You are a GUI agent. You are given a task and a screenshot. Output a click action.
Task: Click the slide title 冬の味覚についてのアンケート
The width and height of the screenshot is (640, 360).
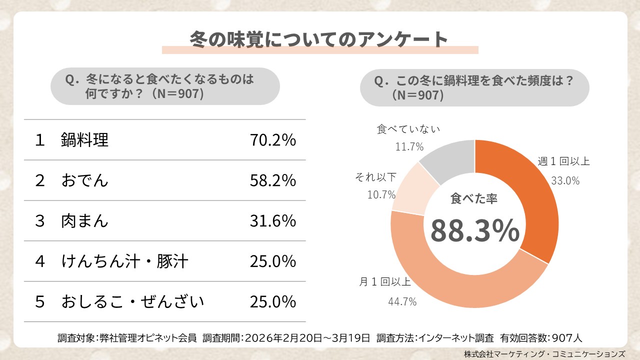[319, 39]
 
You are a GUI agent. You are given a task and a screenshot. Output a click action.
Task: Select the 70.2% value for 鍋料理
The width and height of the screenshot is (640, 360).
[272, 140]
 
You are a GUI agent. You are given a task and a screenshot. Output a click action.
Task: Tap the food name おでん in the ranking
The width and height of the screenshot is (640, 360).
[84, 180]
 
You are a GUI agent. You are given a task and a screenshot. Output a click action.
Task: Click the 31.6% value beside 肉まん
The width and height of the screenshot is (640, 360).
[272, 221]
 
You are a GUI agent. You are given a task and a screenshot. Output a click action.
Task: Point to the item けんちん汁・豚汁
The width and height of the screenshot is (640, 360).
[124, 261]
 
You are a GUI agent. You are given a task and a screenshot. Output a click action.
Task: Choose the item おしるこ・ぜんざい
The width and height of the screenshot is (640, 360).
[132, 302]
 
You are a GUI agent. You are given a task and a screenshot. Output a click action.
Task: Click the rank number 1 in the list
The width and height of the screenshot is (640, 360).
[40, 140]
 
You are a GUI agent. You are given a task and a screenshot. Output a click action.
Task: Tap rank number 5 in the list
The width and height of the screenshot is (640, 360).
[40, 302]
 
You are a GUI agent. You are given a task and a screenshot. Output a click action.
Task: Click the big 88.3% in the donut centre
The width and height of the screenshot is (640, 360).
[474, 230]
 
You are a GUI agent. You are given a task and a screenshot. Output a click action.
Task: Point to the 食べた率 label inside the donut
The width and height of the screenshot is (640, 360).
[474, 199]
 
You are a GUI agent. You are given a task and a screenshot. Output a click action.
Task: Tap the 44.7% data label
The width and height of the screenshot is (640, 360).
[402, 301]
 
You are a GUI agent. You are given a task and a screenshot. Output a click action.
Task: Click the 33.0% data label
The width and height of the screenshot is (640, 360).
[565, 181]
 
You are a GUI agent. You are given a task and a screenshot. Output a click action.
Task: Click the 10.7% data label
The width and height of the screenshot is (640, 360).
[381, 194]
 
